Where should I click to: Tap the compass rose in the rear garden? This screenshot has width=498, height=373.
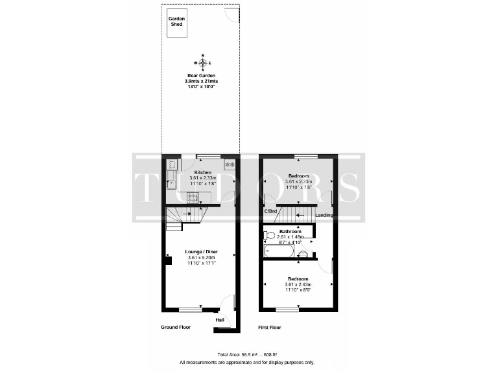point(203,63)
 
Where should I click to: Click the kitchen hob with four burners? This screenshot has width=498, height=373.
point(193,198)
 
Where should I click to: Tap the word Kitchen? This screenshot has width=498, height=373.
point(201,172)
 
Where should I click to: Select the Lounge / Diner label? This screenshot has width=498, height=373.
point(200,252)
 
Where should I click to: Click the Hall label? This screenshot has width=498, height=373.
point(220,319)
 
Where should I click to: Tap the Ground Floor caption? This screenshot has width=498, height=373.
point(176,328)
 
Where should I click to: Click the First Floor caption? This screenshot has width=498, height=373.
point(270,328)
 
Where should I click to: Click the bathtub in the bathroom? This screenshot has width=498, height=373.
point(279,251)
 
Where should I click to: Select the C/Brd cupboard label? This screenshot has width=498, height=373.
point(270,212)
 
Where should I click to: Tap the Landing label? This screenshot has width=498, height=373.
point(324,215)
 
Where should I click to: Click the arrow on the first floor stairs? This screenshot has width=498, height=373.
point(302,215)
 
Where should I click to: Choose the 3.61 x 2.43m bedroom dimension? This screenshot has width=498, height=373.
point(298,284)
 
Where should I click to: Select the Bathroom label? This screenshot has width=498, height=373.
point(290,231)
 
